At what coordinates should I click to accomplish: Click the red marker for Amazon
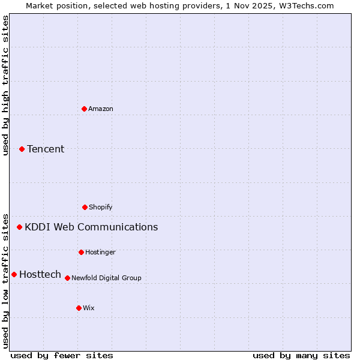coord(84,109)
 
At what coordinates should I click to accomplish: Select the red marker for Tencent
coord(22,149)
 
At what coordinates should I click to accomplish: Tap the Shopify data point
coord(85,207)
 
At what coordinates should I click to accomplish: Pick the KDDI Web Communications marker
coord(19,227)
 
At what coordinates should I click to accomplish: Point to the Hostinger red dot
coord(81,252)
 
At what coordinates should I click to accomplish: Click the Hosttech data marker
coord(14,274)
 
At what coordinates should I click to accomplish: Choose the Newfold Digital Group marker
coord(67,278)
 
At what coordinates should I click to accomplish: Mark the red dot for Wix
coord(79,308)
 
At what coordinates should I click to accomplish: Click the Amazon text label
coord(101,109)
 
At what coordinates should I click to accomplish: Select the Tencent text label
coord(46,149)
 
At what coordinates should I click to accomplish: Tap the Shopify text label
coord(101,207)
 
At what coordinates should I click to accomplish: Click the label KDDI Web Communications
coord(91,227)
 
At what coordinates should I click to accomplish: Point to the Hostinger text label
coord(100,252)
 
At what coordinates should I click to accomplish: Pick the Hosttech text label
coord(40,274)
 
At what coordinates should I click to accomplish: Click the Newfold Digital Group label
coord(106,278)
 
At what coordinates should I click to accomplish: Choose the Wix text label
coord(89,308)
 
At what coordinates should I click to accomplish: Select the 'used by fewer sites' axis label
coord(62,355)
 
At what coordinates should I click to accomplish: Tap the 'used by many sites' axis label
coord(301,355)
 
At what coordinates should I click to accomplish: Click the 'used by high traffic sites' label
coord(5,85)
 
